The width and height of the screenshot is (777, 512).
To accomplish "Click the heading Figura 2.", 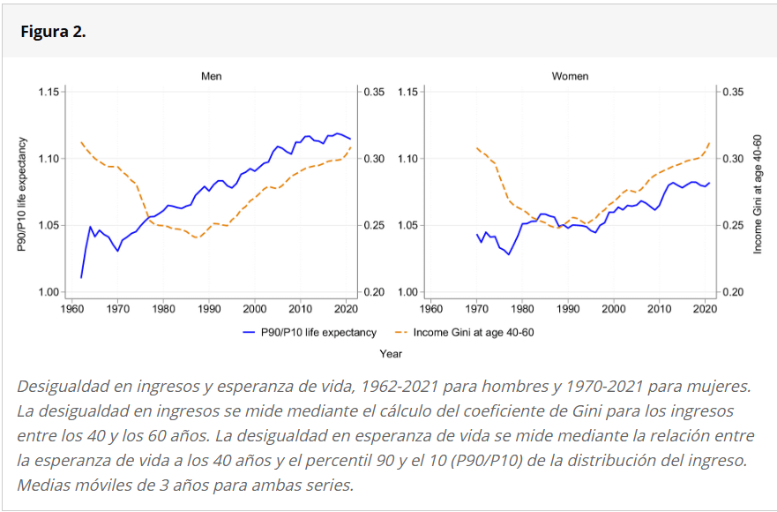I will [53, 32].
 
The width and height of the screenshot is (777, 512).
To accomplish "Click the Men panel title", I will [212, 76].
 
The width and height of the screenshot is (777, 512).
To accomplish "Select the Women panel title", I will [570, 76].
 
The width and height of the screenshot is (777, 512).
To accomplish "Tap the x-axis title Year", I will [391, 353].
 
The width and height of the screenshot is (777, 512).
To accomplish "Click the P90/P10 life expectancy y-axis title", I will [25, 192].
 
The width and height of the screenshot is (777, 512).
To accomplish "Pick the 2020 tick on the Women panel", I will [704, 309].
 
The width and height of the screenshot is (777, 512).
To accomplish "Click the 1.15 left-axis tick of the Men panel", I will [49, 92].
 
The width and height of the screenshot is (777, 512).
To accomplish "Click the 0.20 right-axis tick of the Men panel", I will [374, 292].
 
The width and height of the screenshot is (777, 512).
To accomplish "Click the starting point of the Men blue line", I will [81, 277].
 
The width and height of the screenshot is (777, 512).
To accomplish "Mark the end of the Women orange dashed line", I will [709, 143].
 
